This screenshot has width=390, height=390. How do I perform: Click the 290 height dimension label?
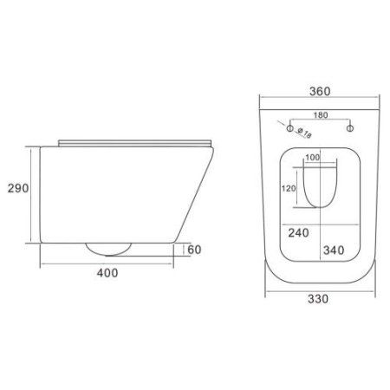[18, 188]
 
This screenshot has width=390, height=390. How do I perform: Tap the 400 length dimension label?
[107, 273]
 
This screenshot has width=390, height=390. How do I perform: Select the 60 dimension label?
[194, 250]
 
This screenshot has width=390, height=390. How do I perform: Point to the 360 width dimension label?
[320, 91]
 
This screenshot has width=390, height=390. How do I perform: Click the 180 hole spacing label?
[321, 115]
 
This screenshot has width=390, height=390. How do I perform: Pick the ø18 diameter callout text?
[304, 133]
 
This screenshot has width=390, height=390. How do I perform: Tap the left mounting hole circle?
[290, 128]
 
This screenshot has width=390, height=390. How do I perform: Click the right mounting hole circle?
[350, 128]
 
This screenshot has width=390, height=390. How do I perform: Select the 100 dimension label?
[313, 158]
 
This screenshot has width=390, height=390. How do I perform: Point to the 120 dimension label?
[289, 188]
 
